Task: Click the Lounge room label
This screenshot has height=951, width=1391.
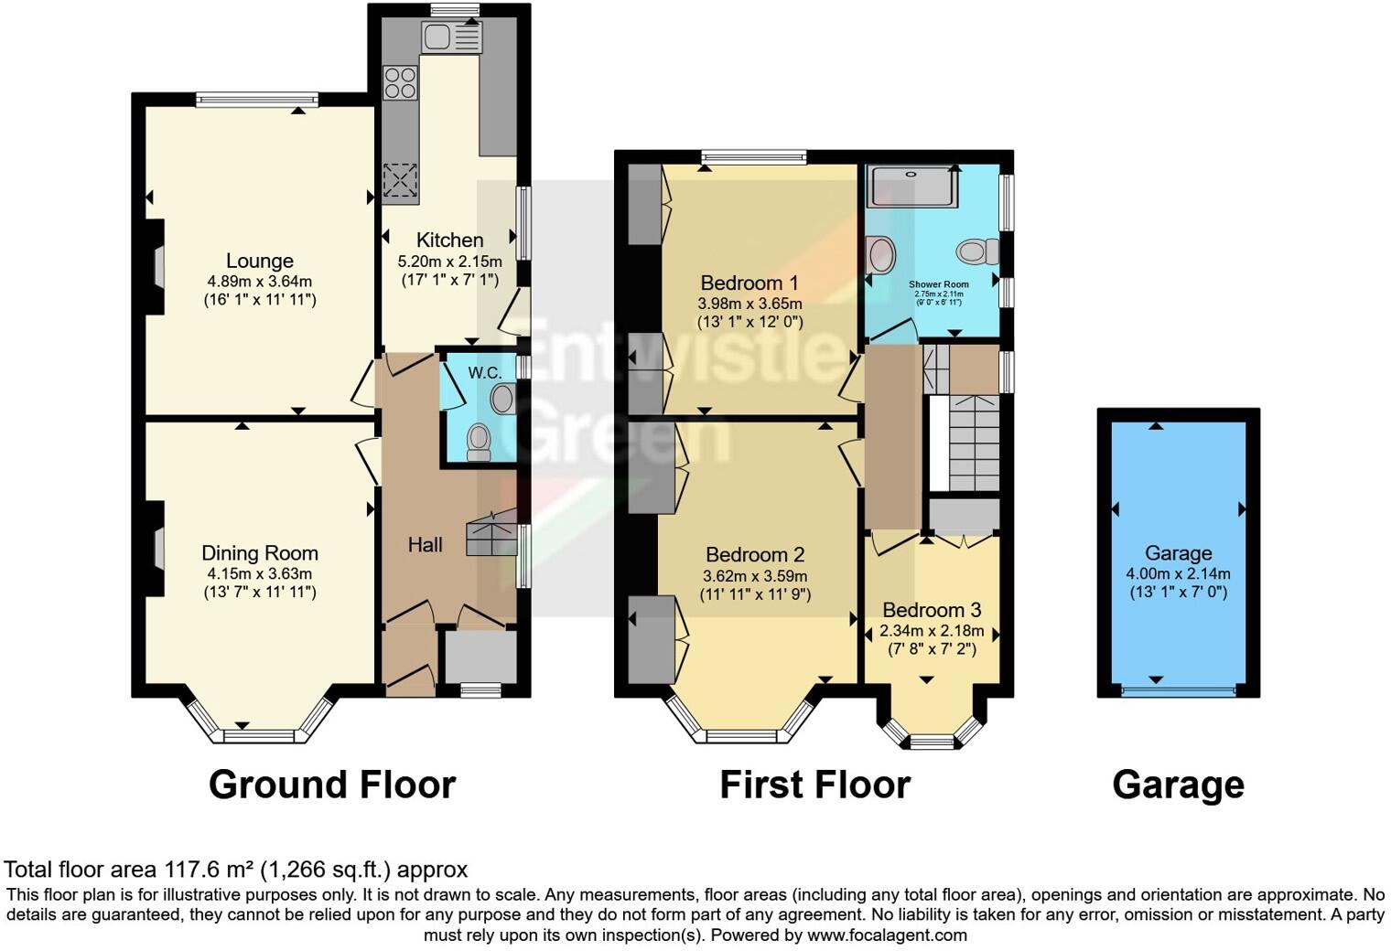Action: [x=260, y=262]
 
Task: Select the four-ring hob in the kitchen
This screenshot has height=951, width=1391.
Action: [x=400, y=82]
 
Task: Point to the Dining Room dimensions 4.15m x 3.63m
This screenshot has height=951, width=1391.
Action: [x=260, y=574]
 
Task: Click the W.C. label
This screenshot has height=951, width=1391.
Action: [x=485, y=372]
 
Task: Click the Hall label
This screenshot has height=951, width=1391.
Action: [x=425, y=545]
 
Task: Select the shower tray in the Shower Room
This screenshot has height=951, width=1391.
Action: [x=911, y=186]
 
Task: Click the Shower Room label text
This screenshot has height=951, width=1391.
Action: [x=938, y=284]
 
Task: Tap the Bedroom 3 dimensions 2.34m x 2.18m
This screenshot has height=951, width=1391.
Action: [x=932, y=631]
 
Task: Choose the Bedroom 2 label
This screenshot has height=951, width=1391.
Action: [x=754, y=555]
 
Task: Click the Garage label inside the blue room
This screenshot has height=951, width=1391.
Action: [x=1178, y=553]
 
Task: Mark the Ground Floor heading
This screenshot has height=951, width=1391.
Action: [x=332, y=785]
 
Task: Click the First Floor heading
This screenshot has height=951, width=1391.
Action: [x=814, y=785]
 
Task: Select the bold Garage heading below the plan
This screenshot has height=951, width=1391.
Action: [x=1178, y=785]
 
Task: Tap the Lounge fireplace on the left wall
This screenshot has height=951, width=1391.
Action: [x=157, y=269]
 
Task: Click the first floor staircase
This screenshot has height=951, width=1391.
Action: [x=974, y=443]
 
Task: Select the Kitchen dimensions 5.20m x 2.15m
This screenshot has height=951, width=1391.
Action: [x=449, y=262]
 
